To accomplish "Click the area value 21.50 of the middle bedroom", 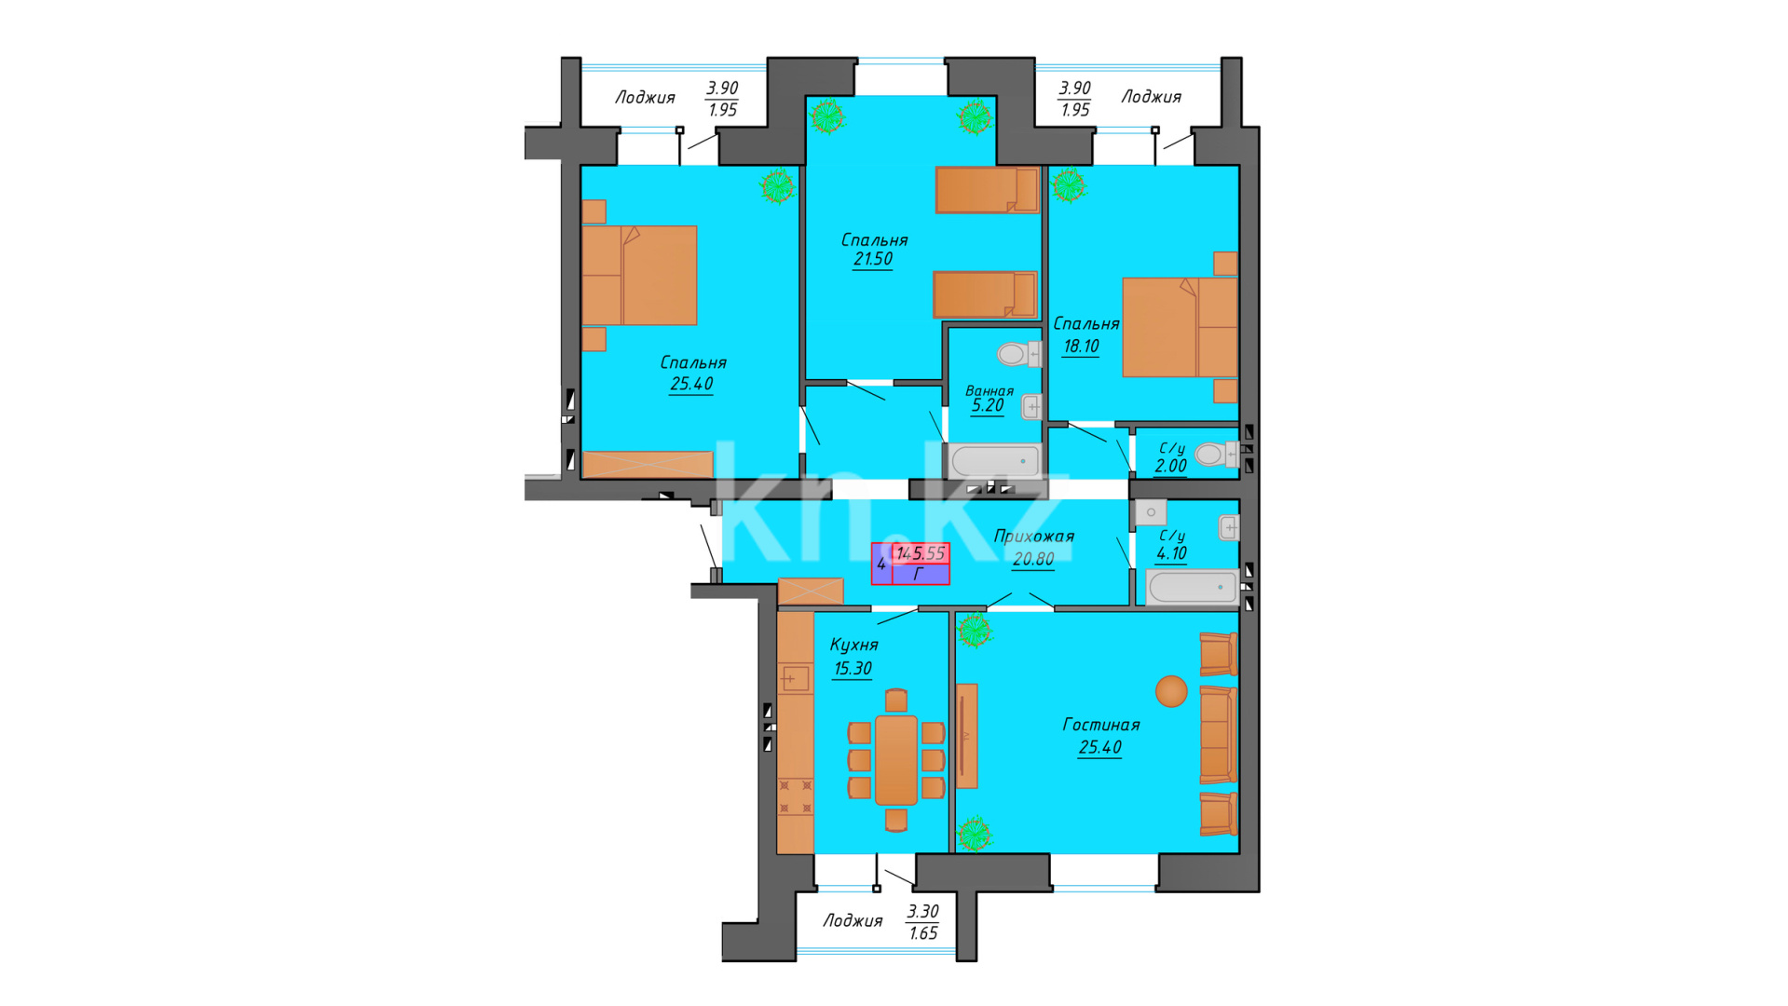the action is pyautogui.click(x=873, y=259).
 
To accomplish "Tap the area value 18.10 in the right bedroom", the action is pyautogui.click(x=1081, y=347).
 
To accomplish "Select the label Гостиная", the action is pyautogui.click(x=1101, y=725).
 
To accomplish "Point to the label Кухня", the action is pyautogui.click(x=853, y=645).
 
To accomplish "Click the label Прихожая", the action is pyautogui.click(x=1034, y=537).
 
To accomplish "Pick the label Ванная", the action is pyautogui.click(x=990, y=391).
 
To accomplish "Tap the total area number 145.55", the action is pyautogui.click(x=921, y=553).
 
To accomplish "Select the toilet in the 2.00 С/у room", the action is pyautogui.click(x=1215, y=454).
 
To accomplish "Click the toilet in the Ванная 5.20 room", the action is pyautogui.click(x=1018, y=354).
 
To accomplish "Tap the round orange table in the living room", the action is pyautogui.click(x=1171, y=691).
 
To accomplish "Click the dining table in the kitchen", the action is pyautogui.click(x=896, y=760).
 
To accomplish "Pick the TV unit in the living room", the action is pyautogui.click(x=966, y=736).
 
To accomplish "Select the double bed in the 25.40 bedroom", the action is pyautogui.click(x=639, y=276).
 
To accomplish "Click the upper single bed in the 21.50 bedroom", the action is pyautogui.click(x=987, y=190).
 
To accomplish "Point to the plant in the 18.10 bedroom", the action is pyautogui.click(x=1068, y=184).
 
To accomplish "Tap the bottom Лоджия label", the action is pyautogui.click(x=853, y=921).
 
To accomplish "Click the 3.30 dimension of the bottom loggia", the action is pyautogui.click(x=922, y=912).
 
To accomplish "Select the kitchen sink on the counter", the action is pyautogui.click(x=795, y=678).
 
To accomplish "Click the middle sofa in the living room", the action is pyautogui.click(x=1218, y=734).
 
